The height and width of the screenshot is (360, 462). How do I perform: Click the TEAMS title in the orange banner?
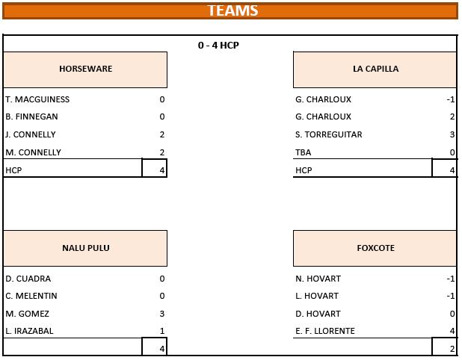[232, 10]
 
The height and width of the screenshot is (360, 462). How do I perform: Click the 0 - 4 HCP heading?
[218, 45]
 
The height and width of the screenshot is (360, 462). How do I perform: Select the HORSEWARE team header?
[85, 69]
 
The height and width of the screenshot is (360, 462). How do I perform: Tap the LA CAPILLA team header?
[376, 69]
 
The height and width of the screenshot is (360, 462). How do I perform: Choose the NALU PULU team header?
[86, 248]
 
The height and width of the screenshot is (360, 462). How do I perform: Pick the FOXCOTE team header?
[376, 248]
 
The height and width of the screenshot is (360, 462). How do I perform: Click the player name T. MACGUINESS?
[37, 99]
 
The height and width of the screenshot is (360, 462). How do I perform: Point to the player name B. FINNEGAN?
[31, 117]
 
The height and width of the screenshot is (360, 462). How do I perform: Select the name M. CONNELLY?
[34, 152]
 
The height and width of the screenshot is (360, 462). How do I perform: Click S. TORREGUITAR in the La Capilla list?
[328, 134]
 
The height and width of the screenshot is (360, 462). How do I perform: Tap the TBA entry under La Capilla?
[304, 152]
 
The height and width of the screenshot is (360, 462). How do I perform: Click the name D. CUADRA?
[28, 279]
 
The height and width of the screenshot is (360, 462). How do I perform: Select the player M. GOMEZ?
[27, 314]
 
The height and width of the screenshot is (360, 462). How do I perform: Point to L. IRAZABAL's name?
[29, 331]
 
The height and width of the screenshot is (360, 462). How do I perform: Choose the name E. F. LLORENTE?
[325, 331]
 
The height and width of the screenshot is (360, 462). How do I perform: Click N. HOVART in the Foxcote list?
[318, 279]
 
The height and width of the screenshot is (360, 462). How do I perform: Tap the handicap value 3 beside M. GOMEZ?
[162, 314]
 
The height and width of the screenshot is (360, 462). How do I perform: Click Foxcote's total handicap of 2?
[452, 349]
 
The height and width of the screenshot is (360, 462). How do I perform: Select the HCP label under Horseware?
[13, 170]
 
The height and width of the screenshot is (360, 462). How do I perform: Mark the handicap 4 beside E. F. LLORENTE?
[452, 331]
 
